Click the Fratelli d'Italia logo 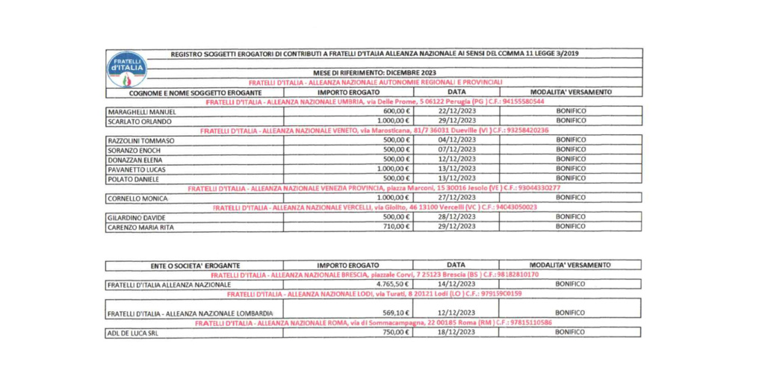tap(127, 69)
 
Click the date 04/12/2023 tap(455, 140)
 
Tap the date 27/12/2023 tap(455, 198)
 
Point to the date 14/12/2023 tap(455, 284)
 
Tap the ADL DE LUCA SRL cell tap(133, 333)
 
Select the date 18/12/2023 tap(455, 333)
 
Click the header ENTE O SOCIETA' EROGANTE tap(194, 265)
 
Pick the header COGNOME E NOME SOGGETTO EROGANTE tap(194, 92)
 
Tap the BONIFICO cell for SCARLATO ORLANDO tap(571, 120)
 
